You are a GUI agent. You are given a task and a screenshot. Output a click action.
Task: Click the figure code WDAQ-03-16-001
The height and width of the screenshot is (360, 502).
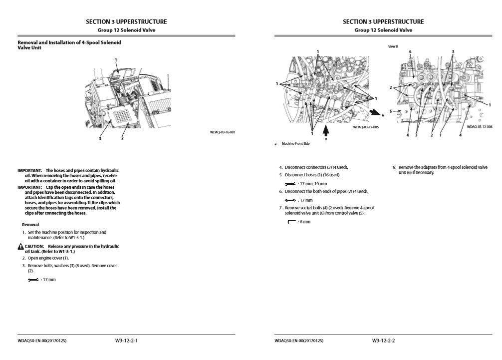pos(222,132)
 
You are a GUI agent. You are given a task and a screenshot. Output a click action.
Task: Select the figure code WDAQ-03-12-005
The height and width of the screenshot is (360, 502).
pos(366,127)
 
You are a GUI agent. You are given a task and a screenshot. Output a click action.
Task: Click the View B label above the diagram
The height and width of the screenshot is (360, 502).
pos(393,46)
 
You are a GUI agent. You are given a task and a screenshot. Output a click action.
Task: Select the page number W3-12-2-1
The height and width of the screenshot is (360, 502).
pos(126,341)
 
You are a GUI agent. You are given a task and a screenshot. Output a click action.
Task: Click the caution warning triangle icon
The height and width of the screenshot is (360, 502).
pos(20,247)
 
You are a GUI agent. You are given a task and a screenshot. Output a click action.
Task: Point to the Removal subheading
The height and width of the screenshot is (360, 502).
pos(30,225)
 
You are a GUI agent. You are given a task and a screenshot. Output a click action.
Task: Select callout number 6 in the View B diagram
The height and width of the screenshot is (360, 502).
pos(410,51)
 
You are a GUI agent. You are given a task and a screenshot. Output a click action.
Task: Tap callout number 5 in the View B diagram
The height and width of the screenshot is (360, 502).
pos(392,111)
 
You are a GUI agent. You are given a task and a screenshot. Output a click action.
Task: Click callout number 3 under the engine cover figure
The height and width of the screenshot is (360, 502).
pos(100,138)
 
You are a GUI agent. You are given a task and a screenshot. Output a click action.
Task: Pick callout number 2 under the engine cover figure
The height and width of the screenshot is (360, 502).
pos(122,138)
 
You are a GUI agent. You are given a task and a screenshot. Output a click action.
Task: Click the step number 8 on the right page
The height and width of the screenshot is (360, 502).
pos(394,167)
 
